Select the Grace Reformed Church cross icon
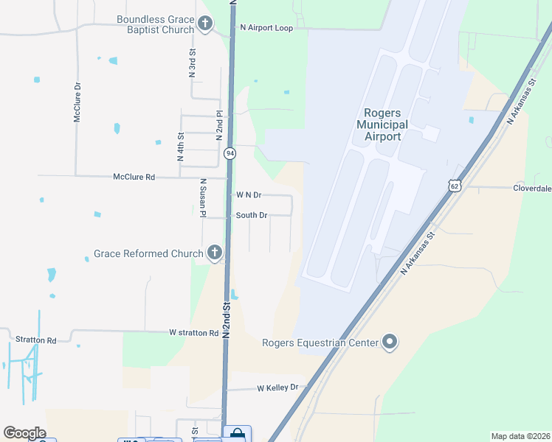click(215, 253)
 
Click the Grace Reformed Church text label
click(148, 254)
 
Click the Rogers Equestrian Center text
click(320, 343)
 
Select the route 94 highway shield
click(230, 153)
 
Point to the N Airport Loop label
click(266, 28)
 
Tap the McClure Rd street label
click(134, 177)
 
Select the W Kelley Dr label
click(277, 387)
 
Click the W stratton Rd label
click(193, 333)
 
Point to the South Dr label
click(251, 215)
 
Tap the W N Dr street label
click(249, 194)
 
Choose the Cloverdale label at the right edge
click(531, 188)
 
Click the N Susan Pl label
click(201, 197)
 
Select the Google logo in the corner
click(24, 433)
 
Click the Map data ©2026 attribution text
click(520, 436)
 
